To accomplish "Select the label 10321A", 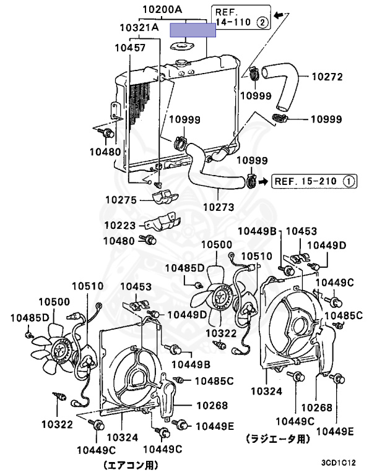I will click(139, 28).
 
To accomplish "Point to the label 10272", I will click(326, 77).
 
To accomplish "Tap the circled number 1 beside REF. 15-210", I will click(349, 181).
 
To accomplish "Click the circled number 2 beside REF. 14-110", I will click(262, 23).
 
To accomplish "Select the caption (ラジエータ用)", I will click(276, 439).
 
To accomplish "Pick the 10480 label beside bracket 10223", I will click(119, 240).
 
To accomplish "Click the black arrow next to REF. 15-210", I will click(264, 181).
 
